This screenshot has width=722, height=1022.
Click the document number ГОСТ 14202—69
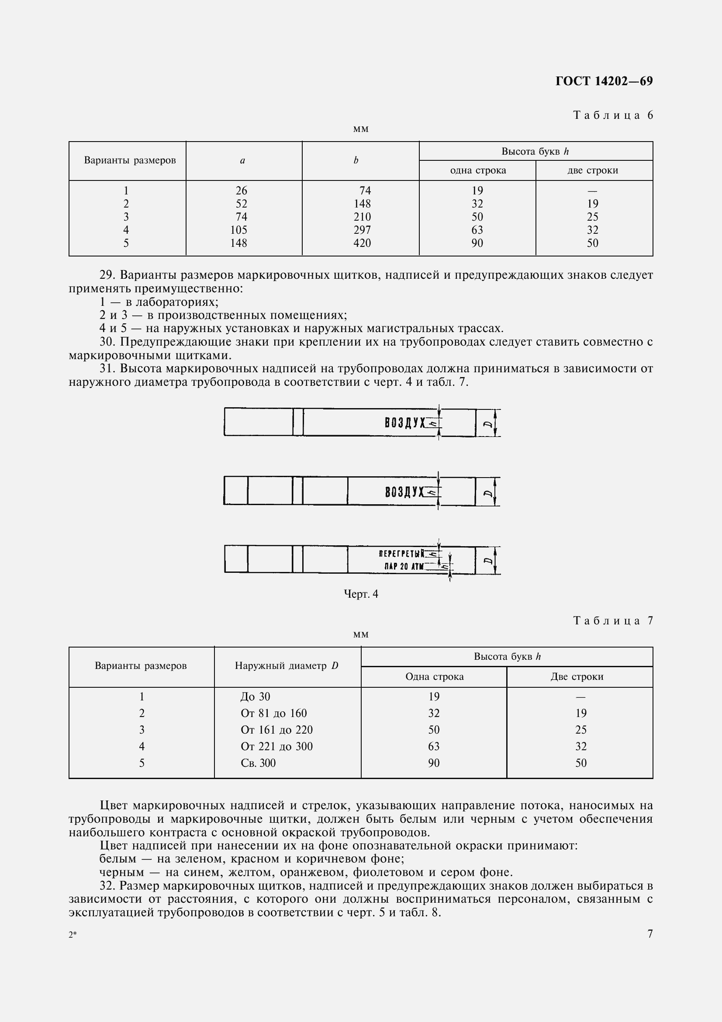[604, 81]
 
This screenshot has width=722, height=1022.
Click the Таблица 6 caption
[613, 115]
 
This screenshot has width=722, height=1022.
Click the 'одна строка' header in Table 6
[478, 170]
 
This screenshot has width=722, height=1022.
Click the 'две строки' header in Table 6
[593, 170]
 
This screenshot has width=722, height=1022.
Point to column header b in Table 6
[356, 161]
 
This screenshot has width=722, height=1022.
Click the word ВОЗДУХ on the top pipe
[405, 423]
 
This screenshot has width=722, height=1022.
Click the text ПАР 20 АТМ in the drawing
[404, 567]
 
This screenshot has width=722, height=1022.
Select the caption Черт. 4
[361, 594]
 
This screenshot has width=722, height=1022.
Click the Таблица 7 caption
[613, 621]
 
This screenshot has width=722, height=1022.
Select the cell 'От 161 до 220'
[276, 730]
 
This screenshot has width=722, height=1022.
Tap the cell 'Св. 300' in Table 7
[258, 763]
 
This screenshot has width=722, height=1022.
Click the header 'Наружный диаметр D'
[287, 666]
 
